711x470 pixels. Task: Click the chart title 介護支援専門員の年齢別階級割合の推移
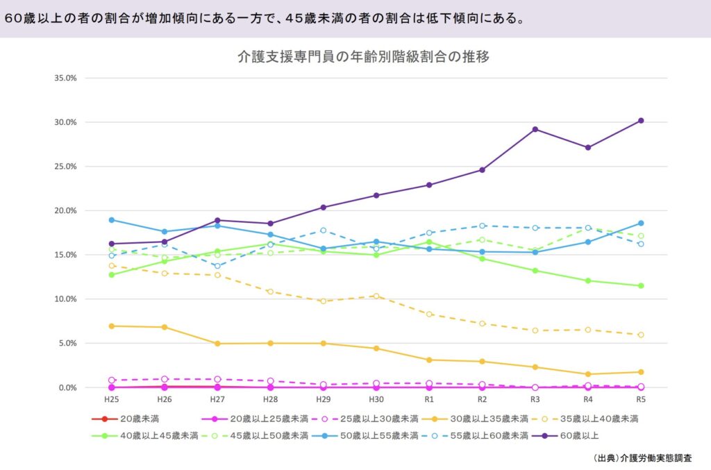(x=363, y=57)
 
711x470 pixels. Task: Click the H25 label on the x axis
(x=111, y=400)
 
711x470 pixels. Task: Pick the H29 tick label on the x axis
(x=323, y=400)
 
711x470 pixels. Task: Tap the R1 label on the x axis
(x=429, y=400)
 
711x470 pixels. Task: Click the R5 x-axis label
(x=641, y=400)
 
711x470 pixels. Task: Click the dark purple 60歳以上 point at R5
(x=641, y=121)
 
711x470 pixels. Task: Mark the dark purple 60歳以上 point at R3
(x=535, y=129)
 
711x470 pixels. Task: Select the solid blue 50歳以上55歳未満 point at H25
(x=111, y=220)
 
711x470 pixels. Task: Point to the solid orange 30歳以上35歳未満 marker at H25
(x=111, y=326)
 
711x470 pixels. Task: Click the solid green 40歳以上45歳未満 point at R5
(x=641, y=285)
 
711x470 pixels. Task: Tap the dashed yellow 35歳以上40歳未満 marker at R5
(x=641, y=335)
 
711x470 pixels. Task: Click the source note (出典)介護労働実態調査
(x=643, y=459)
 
